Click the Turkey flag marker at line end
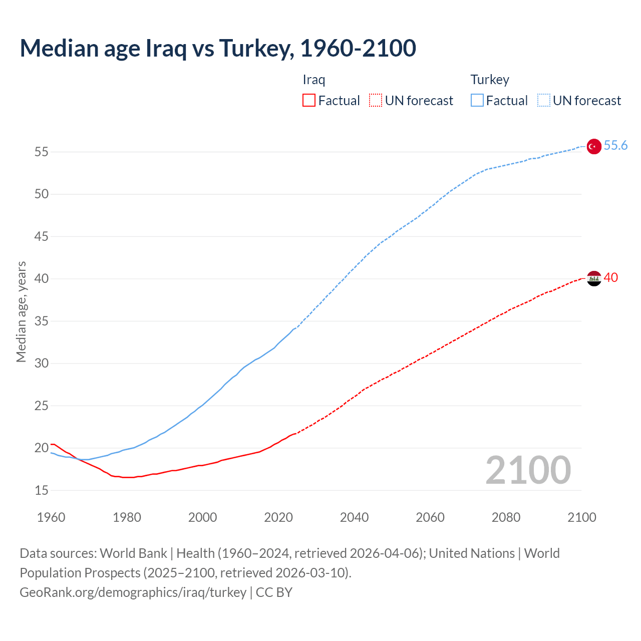tap(593, 146)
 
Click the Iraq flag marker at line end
tap(593, 278)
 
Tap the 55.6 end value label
tap(615, 145)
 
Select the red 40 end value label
tap(610, 277)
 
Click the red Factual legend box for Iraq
tap(309, 101)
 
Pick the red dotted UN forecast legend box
tap(376, 101)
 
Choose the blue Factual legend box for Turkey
tap(477, 101)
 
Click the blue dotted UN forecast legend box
tap(543, 101)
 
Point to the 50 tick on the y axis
tap(42, 194)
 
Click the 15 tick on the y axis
tap(42, 490)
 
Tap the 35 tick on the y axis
tap(42, 321)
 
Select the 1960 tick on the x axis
tap(51, 517)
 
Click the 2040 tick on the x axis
tap(354, 517)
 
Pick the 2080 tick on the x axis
tap(506, 517)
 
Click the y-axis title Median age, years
tap(21, 311)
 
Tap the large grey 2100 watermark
tap(528, 470)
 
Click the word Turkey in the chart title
tap(256, 48)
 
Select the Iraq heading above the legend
tap(314, 80)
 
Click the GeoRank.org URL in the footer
tap(133, 592)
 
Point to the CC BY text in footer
tap(274, 592)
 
